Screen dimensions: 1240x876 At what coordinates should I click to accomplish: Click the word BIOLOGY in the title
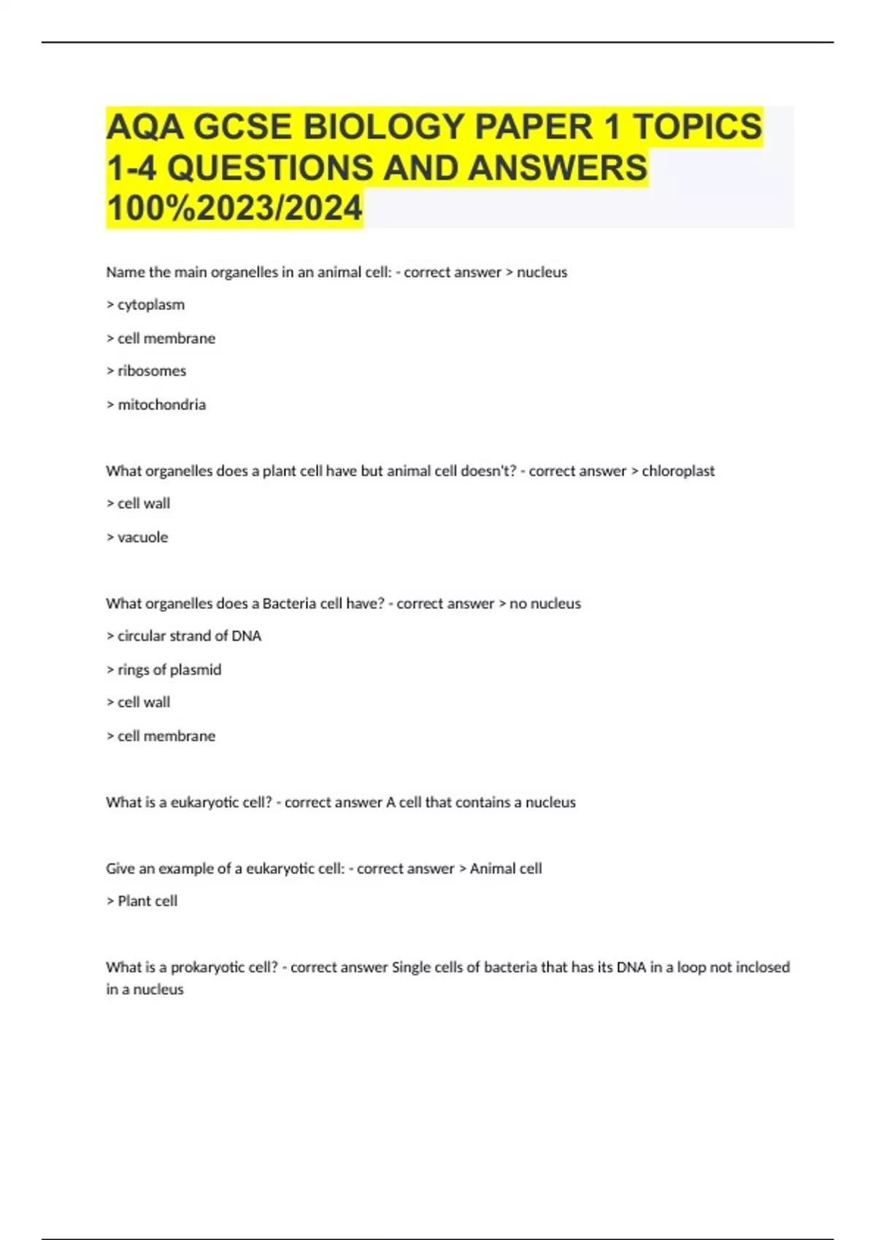384,127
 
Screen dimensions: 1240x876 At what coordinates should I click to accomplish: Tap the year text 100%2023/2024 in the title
234,208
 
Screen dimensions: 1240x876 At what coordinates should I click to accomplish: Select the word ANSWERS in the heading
558,168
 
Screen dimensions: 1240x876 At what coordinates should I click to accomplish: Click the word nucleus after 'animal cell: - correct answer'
542,272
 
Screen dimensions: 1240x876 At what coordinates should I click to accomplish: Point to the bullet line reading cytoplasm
146,305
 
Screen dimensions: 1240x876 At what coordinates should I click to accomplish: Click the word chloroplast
678,471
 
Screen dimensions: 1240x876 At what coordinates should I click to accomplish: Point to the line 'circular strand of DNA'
184,636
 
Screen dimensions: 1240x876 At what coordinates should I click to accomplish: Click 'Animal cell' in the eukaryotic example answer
506,869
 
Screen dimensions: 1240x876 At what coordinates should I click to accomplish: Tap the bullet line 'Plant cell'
142,902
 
